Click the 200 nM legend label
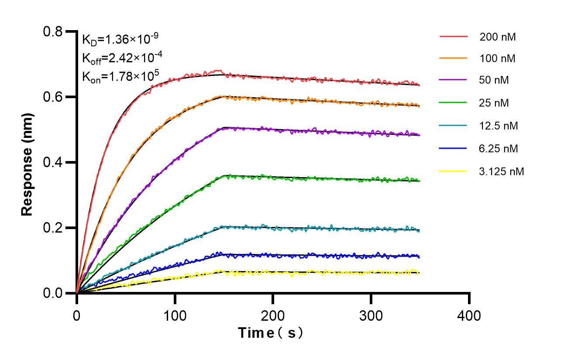pos(497,37)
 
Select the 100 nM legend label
pos(497,58)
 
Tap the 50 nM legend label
pos(494,80)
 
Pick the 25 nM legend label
pos(494,103)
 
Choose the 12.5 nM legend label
pos(499,126)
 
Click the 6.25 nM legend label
pos(499,149)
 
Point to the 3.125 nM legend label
pos(501,171)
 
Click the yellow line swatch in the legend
pos(453,171)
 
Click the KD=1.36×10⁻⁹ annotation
pos(120,40)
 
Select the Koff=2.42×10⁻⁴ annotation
pos(120,58)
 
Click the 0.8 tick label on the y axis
pos(53,31)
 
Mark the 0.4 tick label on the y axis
pos(53,162)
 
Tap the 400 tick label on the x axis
pos(469,315)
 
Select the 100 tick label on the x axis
pos(175,315)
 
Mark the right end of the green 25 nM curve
pos(419,181)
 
